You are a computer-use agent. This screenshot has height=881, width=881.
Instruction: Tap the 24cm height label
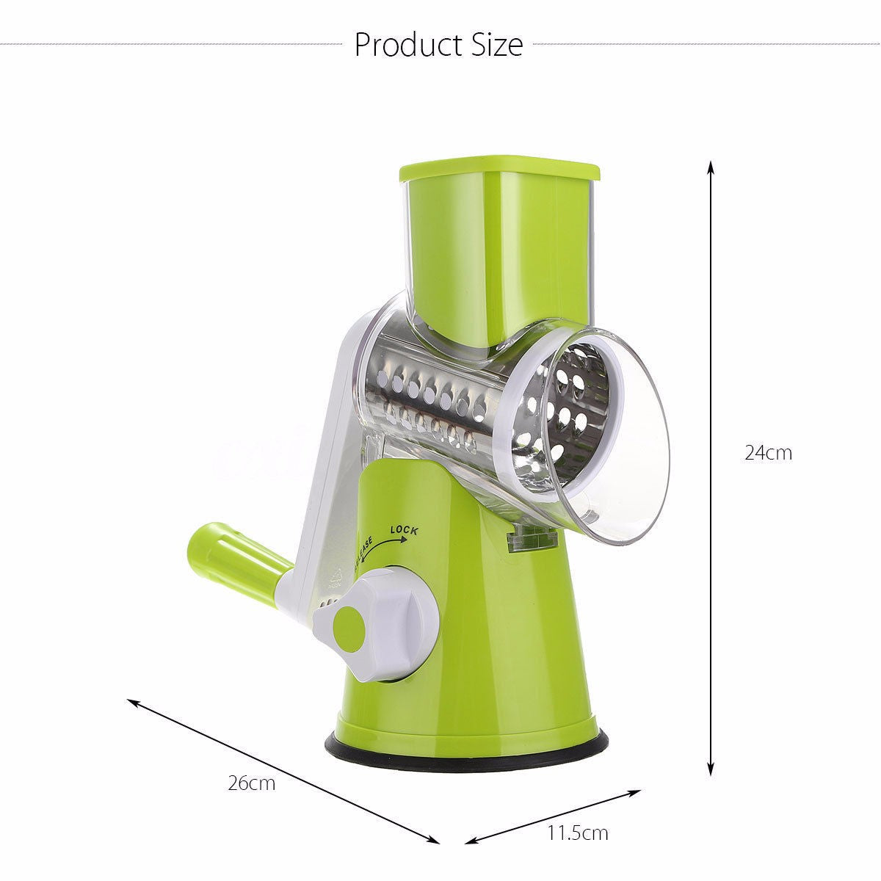coord(768,453)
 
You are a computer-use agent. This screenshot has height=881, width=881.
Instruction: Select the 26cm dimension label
coord(251,783)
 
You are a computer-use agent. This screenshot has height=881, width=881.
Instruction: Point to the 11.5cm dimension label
coord(578,833)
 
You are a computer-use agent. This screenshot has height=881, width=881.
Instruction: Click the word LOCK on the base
coord(404,529)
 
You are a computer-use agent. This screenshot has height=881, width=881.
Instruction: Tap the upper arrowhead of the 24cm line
coord(711,167)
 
